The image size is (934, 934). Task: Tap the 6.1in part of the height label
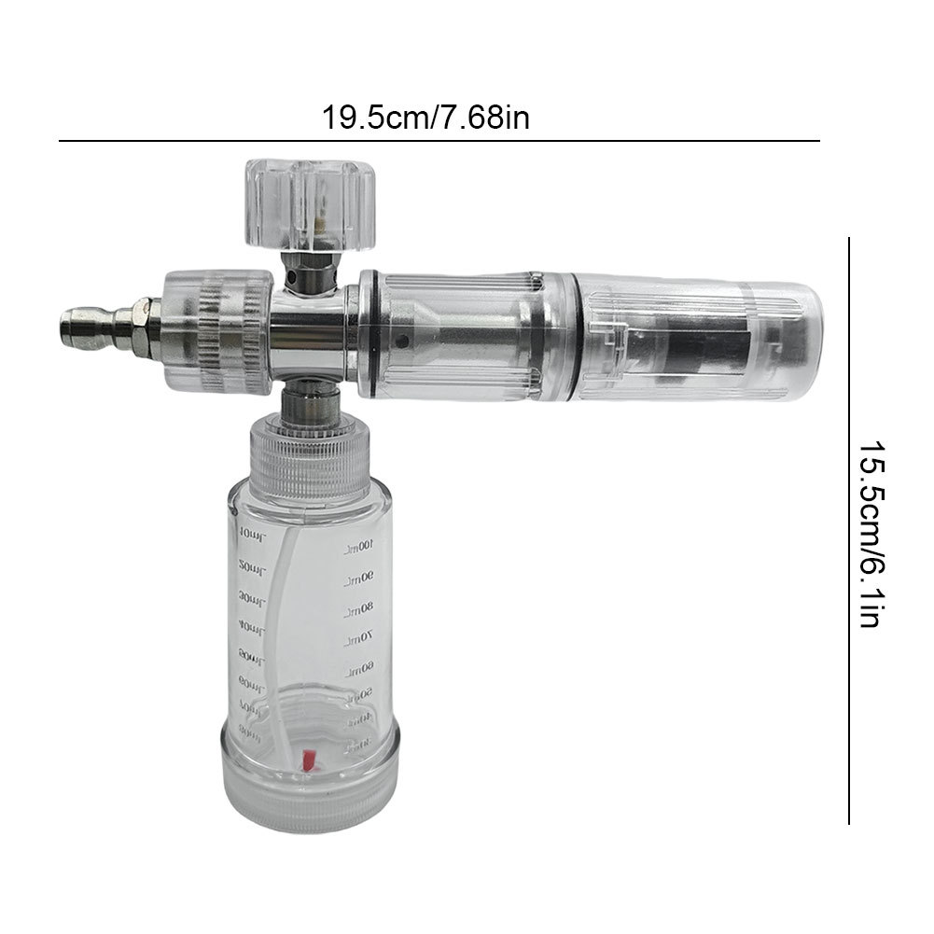point(870,592)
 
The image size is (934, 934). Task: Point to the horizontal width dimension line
point(439,141)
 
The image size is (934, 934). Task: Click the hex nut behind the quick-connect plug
point(144,317)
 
